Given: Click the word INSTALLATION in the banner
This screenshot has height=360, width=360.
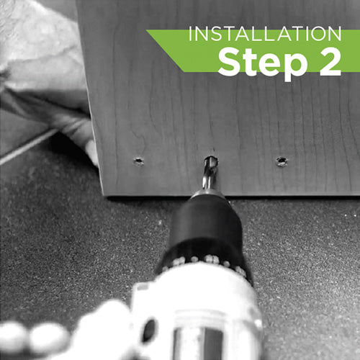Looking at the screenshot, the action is (265, 34).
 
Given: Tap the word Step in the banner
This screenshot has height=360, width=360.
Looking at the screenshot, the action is (263, 62).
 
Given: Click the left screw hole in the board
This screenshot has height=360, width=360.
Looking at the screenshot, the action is (138, 161).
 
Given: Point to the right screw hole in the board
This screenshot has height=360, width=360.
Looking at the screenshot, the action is (282, 161).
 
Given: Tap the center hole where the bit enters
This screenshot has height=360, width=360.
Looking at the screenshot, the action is (211, 159).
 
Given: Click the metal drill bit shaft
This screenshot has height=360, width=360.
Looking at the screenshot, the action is (210, 174).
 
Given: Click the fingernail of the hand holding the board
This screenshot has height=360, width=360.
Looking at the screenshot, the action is (91, 152).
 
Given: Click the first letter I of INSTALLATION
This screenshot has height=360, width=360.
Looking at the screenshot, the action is (190, 34).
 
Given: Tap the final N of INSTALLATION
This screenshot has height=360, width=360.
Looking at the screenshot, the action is (335, 34).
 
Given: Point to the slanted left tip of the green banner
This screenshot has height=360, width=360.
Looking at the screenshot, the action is (147, 30).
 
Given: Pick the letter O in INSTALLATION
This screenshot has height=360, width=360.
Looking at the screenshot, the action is (315, 34).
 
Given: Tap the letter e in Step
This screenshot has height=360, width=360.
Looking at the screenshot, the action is (268, 65).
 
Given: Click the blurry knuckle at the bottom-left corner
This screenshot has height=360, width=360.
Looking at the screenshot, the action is (13, 337).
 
